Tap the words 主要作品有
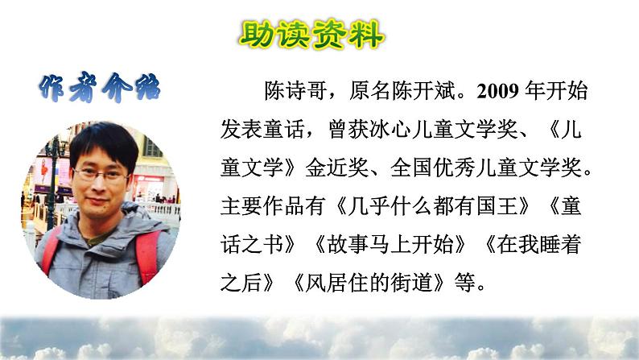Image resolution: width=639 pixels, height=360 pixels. pos(266,207)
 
